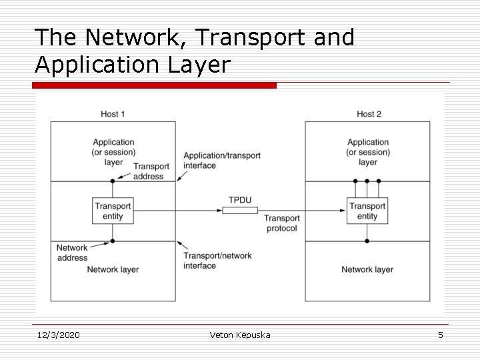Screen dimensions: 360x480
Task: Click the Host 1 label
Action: [113, 114]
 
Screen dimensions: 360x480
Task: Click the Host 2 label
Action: [369, 114]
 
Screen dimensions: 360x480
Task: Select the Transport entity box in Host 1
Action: [113, 211]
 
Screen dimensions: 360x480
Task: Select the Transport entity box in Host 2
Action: [367, 211]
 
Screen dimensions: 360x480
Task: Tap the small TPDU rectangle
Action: [240, 211]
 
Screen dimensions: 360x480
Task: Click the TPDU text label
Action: [240, 200]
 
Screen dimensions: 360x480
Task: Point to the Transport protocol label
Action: [281, 223]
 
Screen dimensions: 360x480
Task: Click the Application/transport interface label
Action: [222, 160]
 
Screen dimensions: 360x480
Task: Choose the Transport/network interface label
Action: [217, 261]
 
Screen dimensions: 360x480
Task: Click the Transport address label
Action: [148, 171]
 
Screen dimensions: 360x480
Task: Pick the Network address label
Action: [72, 253]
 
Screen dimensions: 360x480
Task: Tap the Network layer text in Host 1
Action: [113, 269]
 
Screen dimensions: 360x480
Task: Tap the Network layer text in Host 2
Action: [367, 269]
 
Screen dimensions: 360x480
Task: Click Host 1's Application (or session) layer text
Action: [113, 152]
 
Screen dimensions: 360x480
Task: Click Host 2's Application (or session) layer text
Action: [368, 152]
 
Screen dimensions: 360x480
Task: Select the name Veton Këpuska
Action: [240, 335]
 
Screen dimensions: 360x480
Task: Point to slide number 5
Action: [440, 335]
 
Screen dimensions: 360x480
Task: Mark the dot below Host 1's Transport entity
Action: [113, 241]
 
